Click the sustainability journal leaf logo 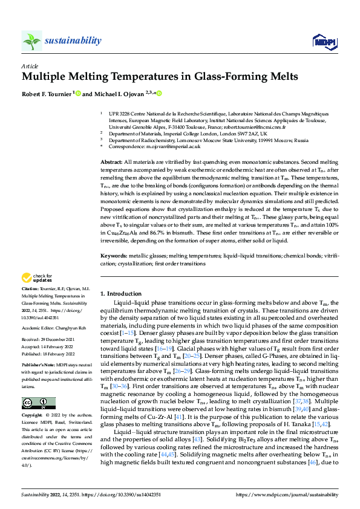tap(31, 41)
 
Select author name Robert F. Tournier tap(47, 94)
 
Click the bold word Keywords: tap(113, 256)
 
